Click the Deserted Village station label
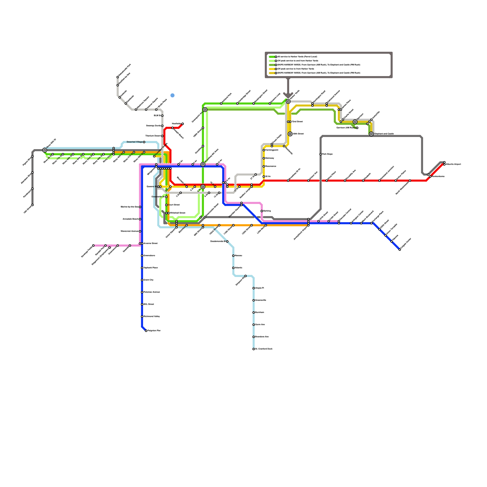(135, 142)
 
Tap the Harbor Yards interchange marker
(288, 101)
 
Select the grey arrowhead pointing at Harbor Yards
(288, 95)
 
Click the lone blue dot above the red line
(173, 95)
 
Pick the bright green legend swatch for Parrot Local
(272, 57)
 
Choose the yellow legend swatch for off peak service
(272, 69)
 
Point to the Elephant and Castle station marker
(371, 134)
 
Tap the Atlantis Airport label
(454, 164)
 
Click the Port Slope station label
(328, 154)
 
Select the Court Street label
(174, 205)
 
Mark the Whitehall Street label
(177, 213)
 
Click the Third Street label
(297, 122)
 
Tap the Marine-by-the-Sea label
(130, 207)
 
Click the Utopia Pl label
(260, 288)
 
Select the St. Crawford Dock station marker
(254, 349)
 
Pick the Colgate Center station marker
(400, 250)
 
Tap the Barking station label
(267, 211)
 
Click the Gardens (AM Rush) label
(346, 128)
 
